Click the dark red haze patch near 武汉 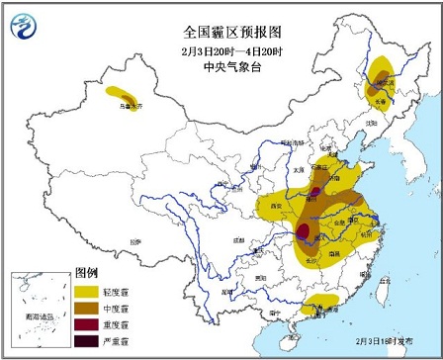[x=305, y=233]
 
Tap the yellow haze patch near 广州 [x=320, y=303]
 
